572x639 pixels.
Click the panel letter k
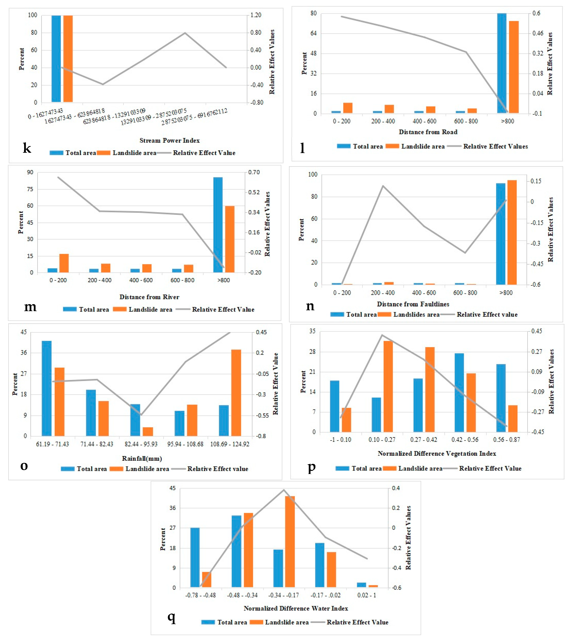pyautogui.click(x=27, y=148)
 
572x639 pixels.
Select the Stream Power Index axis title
pyautogui.click(x=169, y=140)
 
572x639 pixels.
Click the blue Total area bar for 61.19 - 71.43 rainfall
pyautogui.click(x=47, y=388)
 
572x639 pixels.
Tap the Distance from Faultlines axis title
pyautogui.click(x=413, y=304)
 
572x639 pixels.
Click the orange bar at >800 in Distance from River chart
pyautogui.click(x=230, y=239)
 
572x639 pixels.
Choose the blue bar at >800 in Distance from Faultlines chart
pyautogui.click(x=501, y=234)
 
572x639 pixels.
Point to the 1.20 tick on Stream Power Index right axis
pyautogui.click(x=256, y=15)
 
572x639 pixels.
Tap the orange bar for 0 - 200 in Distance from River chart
pyautogui.click(x=64, y=263)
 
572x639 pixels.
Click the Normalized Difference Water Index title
pyautogui.click(x=296, y=608)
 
